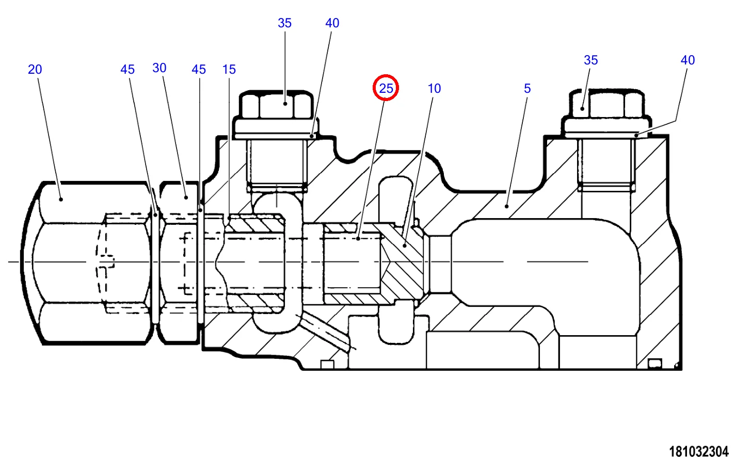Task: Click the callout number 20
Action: [x=35, y=70]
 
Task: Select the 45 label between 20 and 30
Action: [x=127, y=70]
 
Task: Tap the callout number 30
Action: [x=159, y=68]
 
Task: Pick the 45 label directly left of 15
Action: [x=199, y=70]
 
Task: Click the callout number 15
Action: [x=229, y=70]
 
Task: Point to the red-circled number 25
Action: [x=386, y=88]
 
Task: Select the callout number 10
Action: [x=435, y=89]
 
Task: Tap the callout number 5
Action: [x=527, y=89]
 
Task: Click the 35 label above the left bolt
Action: [x=284, y=23]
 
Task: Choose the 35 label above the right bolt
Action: [x=591, y=60]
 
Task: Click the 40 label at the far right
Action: [x=688, y=60]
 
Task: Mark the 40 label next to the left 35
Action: [x=332, y=23]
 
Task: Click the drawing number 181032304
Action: [x=699, y=452]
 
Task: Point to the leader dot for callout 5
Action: [x=507, y=206]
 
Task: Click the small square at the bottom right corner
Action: [x=654, y=365]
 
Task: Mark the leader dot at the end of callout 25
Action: [x=358, y=239]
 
